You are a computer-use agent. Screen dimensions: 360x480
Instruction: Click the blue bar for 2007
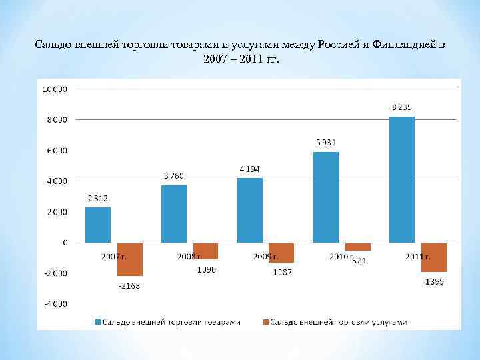pyautogui.click(x=98, y=225)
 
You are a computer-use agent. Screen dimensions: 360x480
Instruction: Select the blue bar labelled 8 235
pyautogui.click(x=402, y=179)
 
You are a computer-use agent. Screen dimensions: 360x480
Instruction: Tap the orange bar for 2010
pyautogui.click(x=358, y=247)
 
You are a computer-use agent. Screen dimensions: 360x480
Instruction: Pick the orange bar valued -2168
pyautogui.click(x=130, y=259)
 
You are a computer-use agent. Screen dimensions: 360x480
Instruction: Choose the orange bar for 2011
pyautogui.click(x=434, y=257)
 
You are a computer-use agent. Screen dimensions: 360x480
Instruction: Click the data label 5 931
pyautogui.click(x=326, y=142)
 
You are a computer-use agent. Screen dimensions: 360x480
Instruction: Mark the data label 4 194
pyautogui.click(x=250, y=169)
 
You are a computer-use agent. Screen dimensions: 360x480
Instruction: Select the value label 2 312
pyautogui.click(x=97, y=198)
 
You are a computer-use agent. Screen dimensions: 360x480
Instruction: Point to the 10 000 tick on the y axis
pyautogui.click(x=55, y=89)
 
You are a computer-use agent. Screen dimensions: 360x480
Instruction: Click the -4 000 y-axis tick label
pyautogui.click(x=55, y=304)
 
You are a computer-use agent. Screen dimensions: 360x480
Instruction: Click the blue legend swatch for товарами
pyautogui.click(x=97, y=322)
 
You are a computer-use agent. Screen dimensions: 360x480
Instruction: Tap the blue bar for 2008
pyautogui.click(x=174, y=214)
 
